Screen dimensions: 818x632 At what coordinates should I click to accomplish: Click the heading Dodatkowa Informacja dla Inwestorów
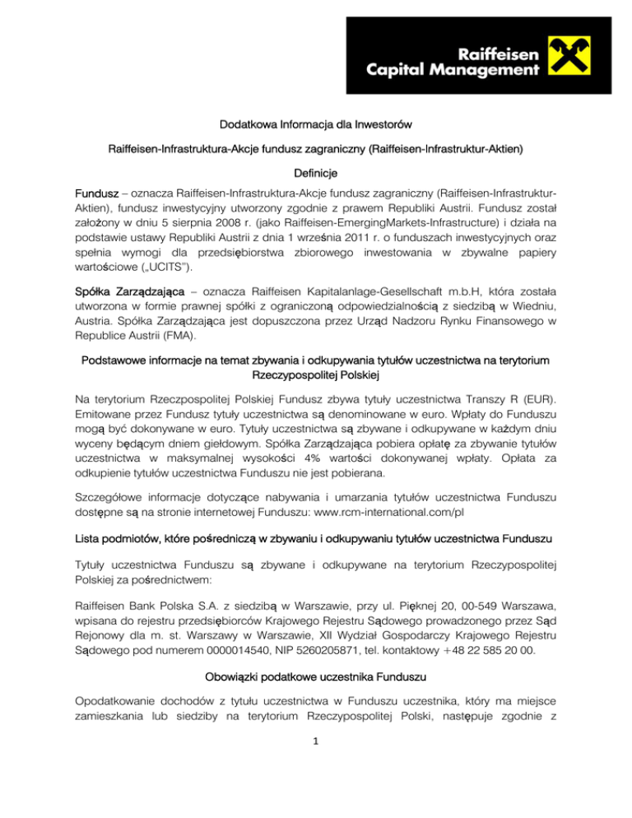316,127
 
